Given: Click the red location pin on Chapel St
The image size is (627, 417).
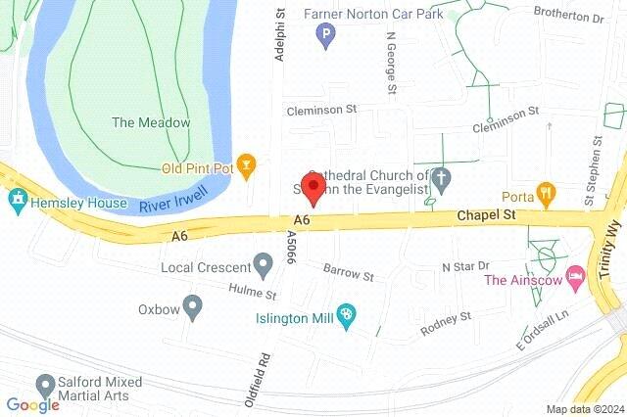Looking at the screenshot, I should tap(313, 186).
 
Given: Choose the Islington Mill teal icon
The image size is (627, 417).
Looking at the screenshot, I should tap(345, 313).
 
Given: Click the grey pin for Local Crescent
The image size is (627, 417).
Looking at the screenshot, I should tap(262, 264).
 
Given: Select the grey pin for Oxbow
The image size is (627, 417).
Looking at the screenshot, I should tap(193, 307).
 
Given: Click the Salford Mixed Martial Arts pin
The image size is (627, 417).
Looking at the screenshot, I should tap(44, 385).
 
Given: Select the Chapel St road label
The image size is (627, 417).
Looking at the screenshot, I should tap(483, 214).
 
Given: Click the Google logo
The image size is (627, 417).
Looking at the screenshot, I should tap(32, 405).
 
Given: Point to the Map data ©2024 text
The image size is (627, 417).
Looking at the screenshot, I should tap(584, 409).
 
